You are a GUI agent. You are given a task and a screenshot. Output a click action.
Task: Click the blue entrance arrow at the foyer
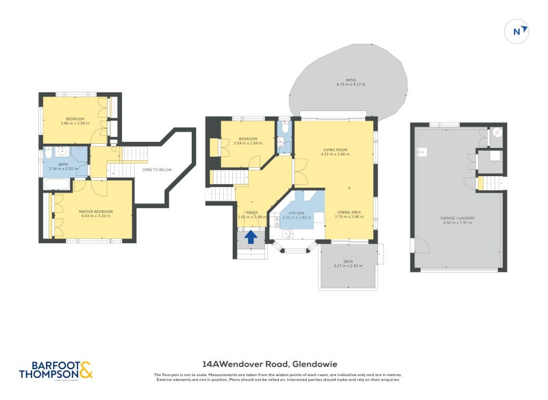coord(251,237)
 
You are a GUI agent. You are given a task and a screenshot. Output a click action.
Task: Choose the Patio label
coord(351,79)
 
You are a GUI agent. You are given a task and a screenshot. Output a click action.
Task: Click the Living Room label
coord(336,150)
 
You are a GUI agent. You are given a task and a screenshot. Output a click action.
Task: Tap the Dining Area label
coord(349,212)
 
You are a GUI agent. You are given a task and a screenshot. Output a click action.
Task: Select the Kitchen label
coord(297,213)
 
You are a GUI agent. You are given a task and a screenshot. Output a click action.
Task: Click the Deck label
coord(347,262)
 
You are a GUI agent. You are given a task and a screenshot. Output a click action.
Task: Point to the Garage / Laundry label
coord(458,218)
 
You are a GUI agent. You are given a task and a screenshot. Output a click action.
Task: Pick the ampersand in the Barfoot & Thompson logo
coord(86,371)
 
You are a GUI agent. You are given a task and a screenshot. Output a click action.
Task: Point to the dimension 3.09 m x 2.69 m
coord(248,143)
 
